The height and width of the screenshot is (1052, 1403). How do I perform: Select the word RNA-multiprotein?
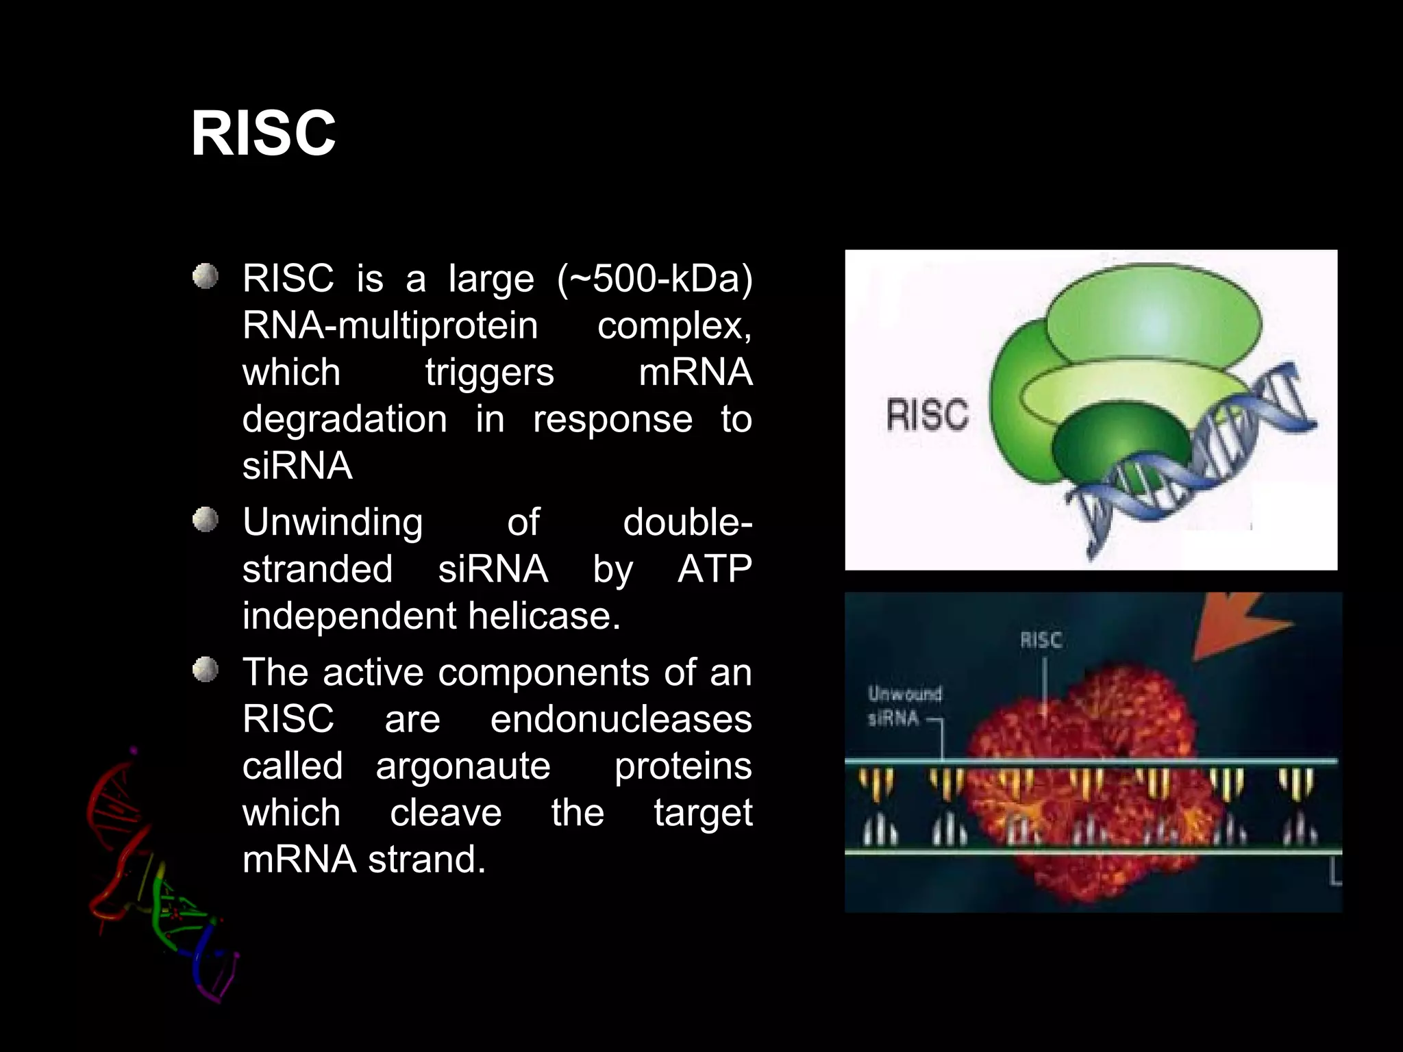390,325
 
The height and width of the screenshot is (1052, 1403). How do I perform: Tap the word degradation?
345,419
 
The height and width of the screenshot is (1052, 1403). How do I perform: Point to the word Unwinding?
333,523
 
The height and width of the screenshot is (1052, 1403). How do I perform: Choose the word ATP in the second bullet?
715,569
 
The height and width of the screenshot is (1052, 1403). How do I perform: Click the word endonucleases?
621,719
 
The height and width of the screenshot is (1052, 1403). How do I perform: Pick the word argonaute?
462,766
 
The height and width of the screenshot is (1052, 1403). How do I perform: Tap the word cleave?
445,813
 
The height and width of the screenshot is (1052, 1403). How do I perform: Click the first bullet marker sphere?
204,277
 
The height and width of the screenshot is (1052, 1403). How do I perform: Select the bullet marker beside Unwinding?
204,521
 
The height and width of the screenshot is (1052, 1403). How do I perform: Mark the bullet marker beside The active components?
204,671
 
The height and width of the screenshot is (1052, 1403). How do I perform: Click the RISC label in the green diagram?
928,415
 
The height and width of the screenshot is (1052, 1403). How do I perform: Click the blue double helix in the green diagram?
1206,466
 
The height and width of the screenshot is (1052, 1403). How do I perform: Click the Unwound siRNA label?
903,706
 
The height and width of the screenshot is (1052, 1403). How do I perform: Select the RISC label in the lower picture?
1040,640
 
